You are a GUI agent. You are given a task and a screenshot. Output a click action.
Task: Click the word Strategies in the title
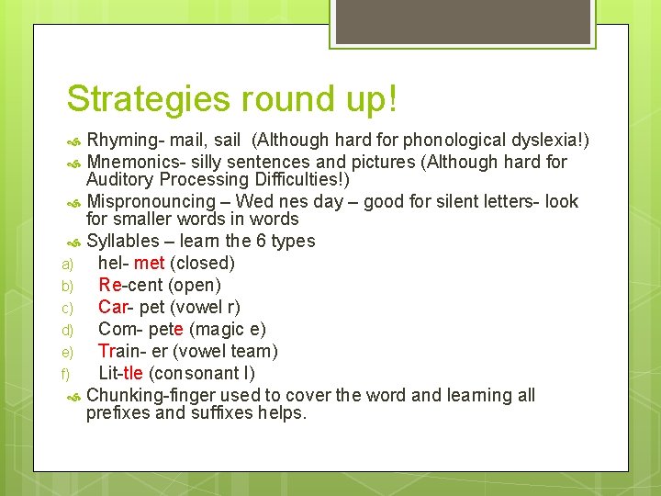pyautogui.click(x=146, y=99)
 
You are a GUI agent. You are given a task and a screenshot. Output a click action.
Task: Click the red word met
pyautogui.click(x=149, y=264)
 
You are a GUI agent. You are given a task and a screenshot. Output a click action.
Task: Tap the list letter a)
pyautogui.click(x=66, y=264)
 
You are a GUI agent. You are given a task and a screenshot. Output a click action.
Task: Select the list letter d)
pyautogui.click(x=66, y=330)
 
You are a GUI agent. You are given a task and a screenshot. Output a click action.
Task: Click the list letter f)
pyautogui.click(x=65, y=374)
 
